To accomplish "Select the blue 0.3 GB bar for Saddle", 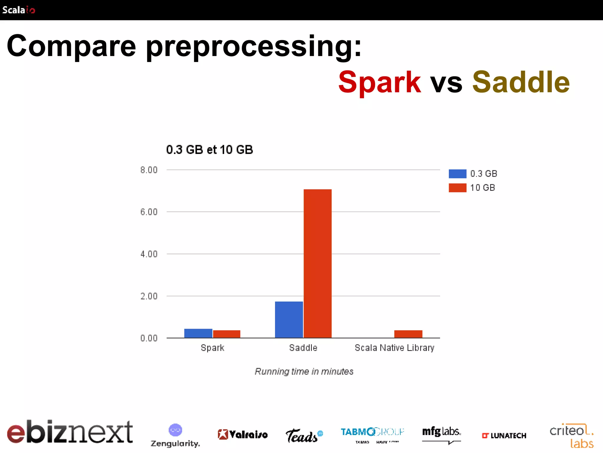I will coord(289,320).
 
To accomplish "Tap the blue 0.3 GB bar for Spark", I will coord(198,333).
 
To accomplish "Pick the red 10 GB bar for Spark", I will coord(226,334).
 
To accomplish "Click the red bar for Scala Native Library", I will coord(408,334).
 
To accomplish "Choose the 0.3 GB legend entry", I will coord(473,174).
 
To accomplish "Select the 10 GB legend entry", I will coord(472,188).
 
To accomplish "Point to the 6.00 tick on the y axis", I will coord(149,212).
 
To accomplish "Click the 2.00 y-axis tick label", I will coord(149,296).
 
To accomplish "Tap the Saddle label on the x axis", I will coord(303,348).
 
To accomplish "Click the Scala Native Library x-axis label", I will coord(394,348).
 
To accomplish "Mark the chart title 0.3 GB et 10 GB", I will coord(209,150).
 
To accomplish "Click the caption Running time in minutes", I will coord(304,371).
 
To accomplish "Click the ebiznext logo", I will coord(70,432).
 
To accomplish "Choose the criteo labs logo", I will coord(572,436).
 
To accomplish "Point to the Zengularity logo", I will coord(175,436).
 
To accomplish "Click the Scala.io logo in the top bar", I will coord(19,10).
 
